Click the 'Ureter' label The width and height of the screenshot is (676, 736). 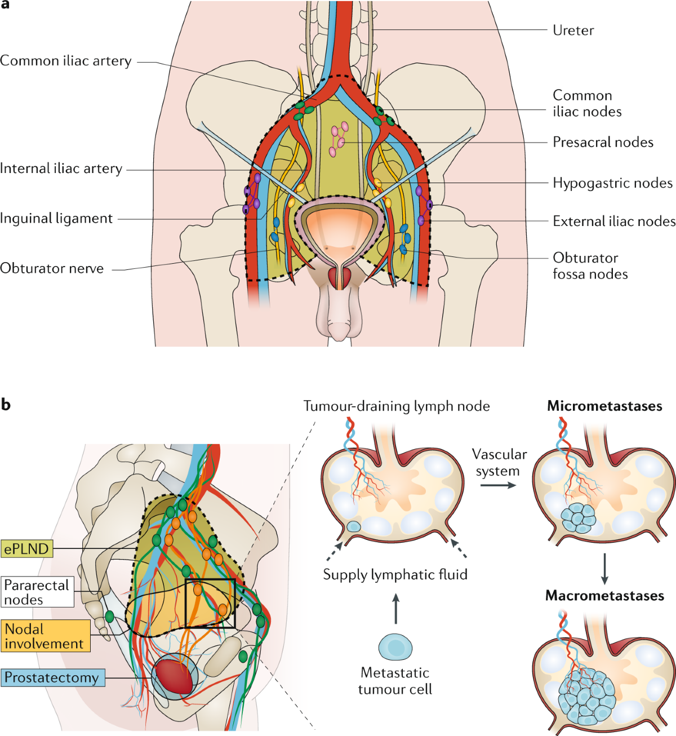pos(573,30)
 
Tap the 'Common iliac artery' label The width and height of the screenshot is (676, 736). pos(66,61)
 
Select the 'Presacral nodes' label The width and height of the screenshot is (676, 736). pos(603,142)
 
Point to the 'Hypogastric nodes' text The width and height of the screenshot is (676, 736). pos(612,183)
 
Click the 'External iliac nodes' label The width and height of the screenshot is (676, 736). pos(614,221)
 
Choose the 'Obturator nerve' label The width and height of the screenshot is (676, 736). pos(52,268)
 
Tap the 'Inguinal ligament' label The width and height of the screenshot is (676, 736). pos(56,219)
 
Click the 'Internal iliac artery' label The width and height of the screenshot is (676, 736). pos(61,169)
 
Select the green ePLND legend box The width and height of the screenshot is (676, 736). pos(26,548)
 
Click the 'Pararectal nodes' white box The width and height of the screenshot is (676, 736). pos(37,592)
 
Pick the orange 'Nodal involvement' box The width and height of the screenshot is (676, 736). pos(45,636)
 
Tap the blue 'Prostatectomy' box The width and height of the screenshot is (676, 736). pos(52,677)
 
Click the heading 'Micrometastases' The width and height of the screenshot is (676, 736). pos(604,406)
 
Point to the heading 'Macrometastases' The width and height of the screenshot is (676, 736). pos(604,596)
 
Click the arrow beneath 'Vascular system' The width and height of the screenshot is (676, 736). pos(498,485)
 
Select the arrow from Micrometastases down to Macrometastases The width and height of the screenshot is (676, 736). pos(604,569)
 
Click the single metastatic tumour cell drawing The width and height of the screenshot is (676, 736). pos(395,647)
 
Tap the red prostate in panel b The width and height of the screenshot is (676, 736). pos(174,676)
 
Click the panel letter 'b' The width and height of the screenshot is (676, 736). pos(6,405)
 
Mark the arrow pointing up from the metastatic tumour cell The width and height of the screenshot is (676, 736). pos(395,608)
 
